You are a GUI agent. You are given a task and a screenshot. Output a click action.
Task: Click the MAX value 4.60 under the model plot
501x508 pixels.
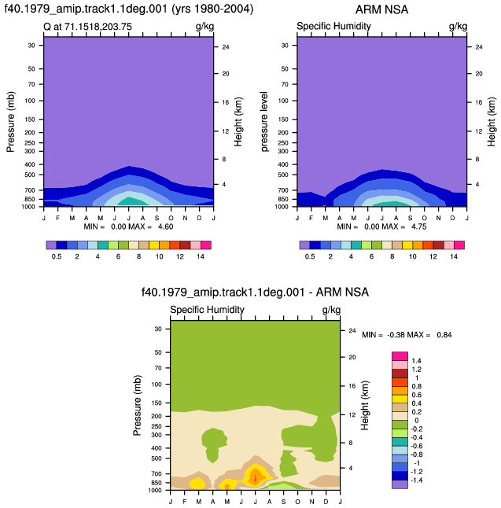click(x=166, y=226)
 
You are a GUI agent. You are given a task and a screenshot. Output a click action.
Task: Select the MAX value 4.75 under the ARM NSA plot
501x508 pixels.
click(x=419, y=226)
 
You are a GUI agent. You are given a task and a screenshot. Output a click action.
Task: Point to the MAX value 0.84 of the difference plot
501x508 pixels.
click(x=444, y=335)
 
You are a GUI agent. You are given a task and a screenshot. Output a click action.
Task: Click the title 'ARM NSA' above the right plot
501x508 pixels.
click(x=381, y=9)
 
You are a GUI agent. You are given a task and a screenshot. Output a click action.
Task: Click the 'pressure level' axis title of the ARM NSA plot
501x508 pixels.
click(x=264, y=122)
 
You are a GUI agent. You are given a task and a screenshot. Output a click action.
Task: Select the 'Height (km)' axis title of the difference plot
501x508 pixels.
click(x=365, y=405)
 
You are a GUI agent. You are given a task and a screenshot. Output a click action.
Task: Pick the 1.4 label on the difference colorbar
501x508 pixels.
click(x=416, y=361)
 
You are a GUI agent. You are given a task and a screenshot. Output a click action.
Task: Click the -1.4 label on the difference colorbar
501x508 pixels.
click(x=416, y=480)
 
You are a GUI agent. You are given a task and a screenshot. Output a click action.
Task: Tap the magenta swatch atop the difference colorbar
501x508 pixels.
click(x=400, y=356)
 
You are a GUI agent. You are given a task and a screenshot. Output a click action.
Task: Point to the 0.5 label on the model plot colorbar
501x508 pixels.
click(x=57, y=256)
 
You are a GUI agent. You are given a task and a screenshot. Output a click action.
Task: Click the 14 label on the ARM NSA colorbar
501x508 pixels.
click(x=454, y=256)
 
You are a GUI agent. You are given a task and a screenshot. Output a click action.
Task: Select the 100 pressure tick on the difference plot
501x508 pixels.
click(x=157, y=385)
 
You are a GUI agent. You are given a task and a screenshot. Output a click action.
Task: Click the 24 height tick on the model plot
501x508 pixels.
click(x=226, y=47)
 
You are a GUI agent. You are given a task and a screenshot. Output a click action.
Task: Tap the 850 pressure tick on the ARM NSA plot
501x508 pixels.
click(x=283, y=199)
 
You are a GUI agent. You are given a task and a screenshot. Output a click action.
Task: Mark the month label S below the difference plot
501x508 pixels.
click(x=284, y=502)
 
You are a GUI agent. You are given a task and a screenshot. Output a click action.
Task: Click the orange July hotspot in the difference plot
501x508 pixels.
click(x=256, y=477)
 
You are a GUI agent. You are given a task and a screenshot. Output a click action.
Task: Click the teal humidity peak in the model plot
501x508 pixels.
click(x=130, y=201)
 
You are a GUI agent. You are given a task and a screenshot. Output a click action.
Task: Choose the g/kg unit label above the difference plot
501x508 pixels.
click(x=331, y=311)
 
